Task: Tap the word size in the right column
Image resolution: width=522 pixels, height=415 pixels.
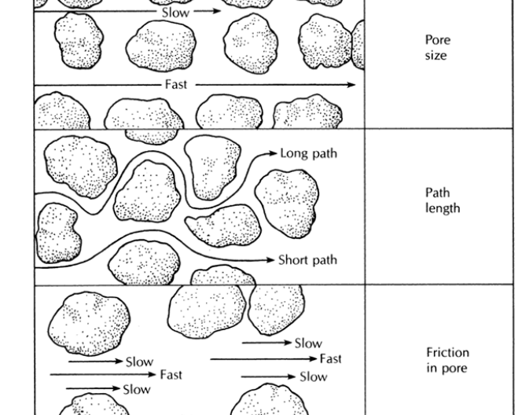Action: tap(435, 57)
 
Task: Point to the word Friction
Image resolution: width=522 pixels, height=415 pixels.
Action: tap(447, 353)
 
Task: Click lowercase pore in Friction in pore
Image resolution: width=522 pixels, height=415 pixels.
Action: tap(454, 368)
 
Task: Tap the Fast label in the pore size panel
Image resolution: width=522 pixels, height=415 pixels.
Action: tap(177, 84)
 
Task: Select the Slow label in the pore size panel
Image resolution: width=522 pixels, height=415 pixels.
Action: tap(176, 13)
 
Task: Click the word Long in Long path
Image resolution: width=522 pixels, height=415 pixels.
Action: tap(294, 153)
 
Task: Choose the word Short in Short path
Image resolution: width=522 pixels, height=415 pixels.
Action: tap(296, 260)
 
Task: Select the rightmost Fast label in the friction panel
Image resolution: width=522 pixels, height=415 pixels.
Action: tap(331, 359)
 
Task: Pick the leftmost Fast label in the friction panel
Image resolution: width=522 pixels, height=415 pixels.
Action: tap(171, 375)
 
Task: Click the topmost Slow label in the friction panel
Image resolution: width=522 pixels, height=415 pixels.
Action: tap(308, 343)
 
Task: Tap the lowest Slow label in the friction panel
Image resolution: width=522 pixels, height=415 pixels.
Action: tap(138, 389)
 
